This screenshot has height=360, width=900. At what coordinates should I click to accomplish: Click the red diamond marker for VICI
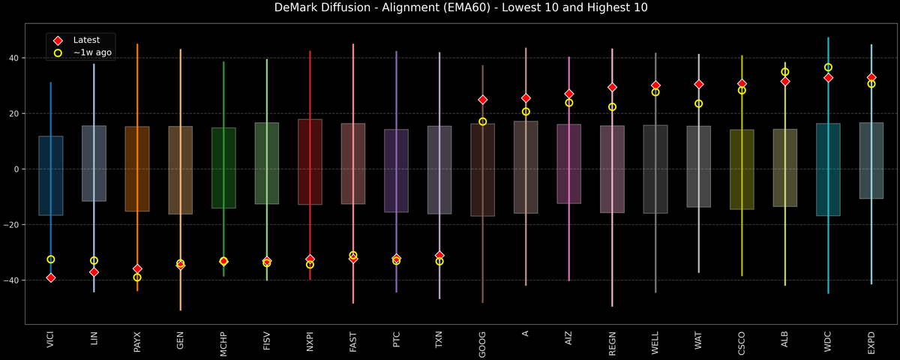click(50, 277)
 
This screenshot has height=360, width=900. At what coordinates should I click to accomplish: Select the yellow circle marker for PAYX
click(137, 277)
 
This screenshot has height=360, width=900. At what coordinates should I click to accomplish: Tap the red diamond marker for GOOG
click(483, 100)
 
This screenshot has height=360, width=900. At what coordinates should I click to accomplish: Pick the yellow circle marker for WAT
click(699, 103)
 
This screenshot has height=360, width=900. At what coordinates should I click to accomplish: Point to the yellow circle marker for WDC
click(828, 67)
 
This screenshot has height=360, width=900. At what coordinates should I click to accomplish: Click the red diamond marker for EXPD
click(871, 77)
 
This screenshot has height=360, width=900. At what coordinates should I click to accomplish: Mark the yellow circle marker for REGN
click(612, 107)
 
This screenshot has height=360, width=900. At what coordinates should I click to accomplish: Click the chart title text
click(450, 8)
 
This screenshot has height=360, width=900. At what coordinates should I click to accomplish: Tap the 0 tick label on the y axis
click(17, 169)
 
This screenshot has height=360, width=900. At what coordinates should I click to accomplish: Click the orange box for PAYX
click(137, 169)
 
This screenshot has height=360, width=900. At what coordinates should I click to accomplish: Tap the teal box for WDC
click(828, 169)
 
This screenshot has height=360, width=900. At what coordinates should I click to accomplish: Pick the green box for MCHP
click(223, 168)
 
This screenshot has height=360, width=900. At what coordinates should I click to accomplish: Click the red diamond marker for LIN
click(94, 272)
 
